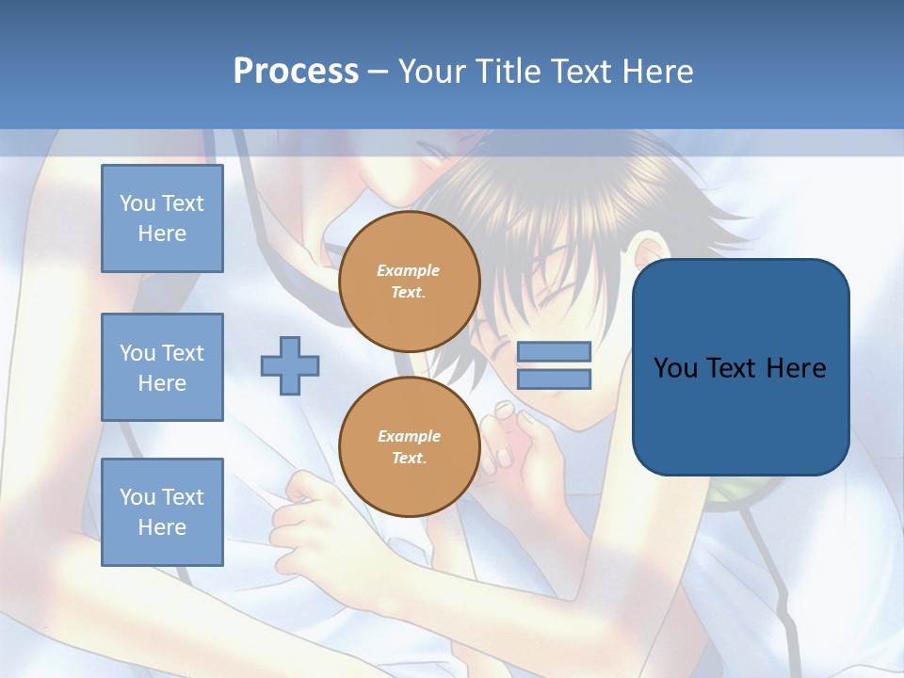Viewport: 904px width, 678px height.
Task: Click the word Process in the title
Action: click(x=296, y=72)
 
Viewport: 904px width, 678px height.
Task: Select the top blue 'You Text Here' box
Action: click(x=162, y=218)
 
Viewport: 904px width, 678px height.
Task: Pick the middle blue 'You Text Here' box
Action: click(x=162, y=367)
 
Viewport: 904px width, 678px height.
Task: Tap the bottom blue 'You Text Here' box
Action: click(x=162, y=511)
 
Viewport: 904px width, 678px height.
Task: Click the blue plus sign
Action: click(x=290, y=365)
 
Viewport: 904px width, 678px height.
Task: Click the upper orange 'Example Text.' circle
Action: click(x=410, y=282)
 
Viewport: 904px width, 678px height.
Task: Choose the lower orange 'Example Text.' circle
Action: click(x=410, y=447)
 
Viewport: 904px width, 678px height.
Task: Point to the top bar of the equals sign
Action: click(x=554, y=351)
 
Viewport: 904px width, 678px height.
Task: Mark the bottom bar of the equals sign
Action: click(x=554, y=379)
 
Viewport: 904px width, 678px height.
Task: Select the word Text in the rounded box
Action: click(x=740, y=367)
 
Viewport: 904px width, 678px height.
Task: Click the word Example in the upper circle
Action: click(x=409, y=270)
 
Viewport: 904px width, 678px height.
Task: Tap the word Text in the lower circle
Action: click(x=409, y=459)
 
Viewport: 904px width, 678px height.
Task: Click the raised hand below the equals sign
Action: click(x=518, y=443)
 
